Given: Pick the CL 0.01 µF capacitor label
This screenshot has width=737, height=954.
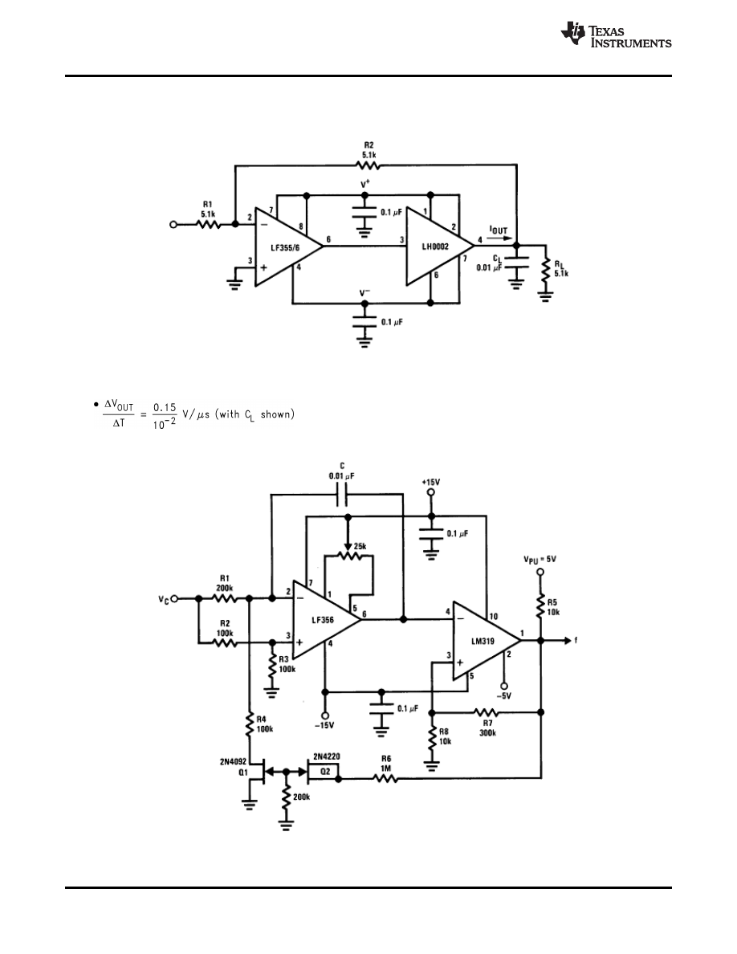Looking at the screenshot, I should tap(492, 262).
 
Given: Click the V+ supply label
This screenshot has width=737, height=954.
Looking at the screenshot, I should tap(366, 185).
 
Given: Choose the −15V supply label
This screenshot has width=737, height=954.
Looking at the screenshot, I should tap(325, 726).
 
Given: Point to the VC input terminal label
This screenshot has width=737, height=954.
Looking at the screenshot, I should tap(164, 598).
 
